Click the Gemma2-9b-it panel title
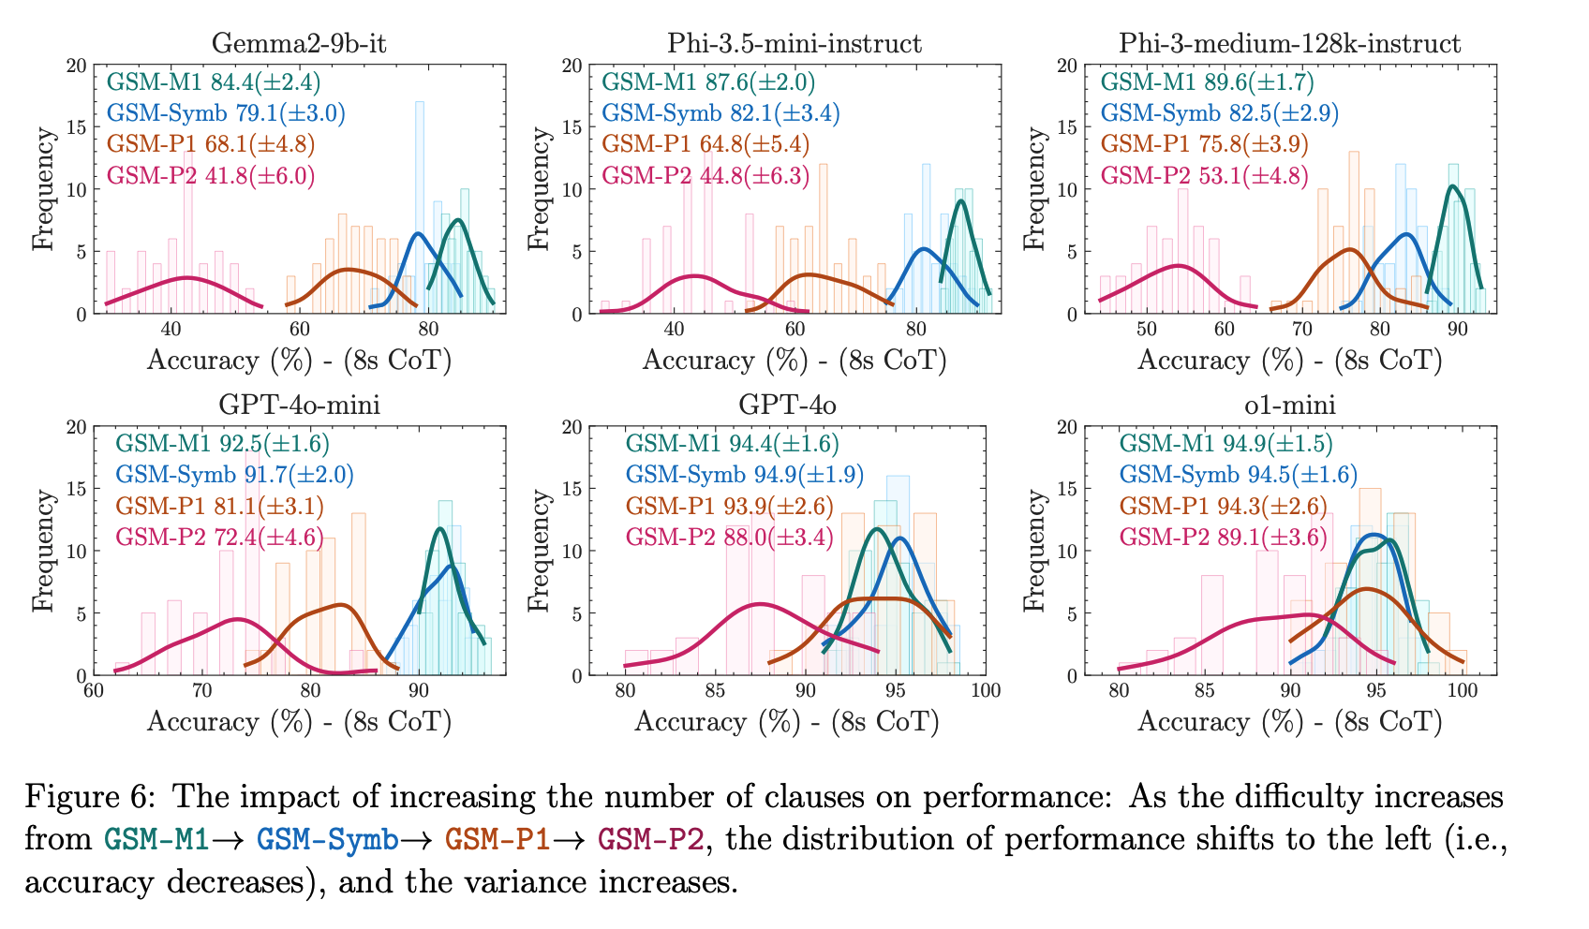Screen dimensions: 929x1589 point(299,43)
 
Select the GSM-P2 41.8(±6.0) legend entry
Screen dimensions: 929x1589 point(211,175)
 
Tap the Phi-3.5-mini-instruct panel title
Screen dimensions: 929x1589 point(794,43)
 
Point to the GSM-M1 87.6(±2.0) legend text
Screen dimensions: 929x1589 point(708,82)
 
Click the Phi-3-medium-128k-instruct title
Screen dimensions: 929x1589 point(1289,43)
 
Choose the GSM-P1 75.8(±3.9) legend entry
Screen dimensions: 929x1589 point(1204,144)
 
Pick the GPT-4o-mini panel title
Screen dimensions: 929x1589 point(299,405)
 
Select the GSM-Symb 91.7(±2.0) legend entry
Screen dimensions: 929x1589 point(234,475)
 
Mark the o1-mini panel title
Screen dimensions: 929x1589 point(1289,405)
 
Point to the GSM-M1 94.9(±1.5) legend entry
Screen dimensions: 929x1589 point(1225,444)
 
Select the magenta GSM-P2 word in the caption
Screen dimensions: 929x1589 point(650,838)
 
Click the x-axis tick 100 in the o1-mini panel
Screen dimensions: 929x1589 point(1463,692)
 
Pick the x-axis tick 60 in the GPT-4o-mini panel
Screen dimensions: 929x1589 point(93,692)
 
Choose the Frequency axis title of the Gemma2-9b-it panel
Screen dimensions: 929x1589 point(43,189)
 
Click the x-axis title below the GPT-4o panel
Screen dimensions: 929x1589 point(787,722)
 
